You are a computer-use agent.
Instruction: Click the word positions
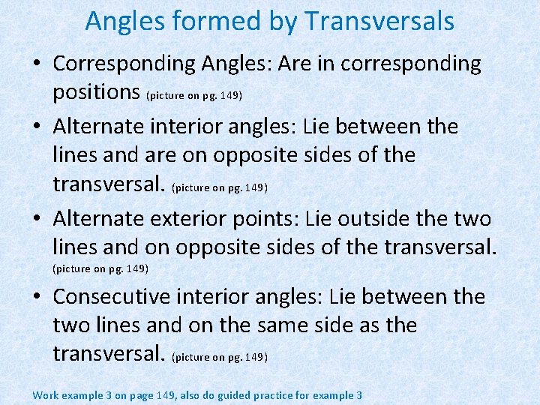point(97,91)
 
